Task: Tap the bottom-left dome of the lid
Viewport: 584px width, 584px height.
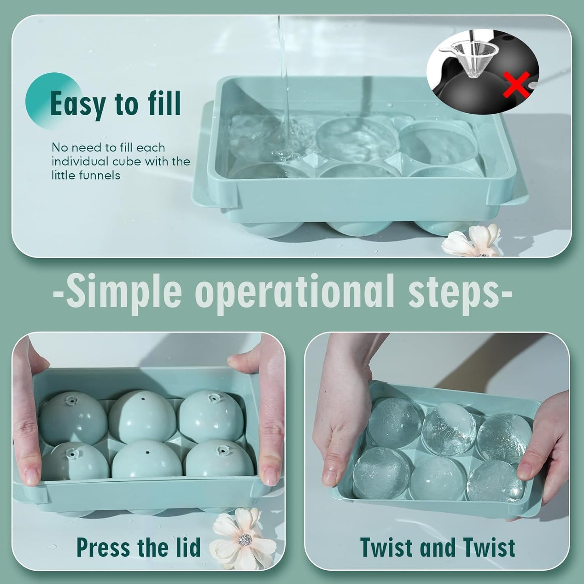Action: (75, 463)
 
